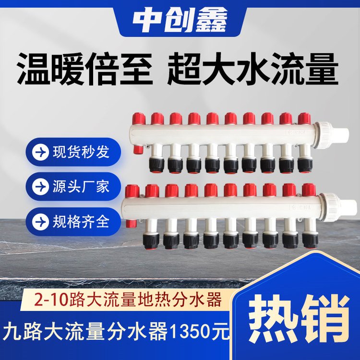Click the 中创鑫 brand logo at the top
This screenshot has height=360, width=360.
[180, 20]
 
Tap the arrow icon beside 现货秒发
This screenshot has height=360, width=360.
[40, 152]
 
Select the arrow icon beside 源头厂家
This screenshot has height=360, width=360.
[40, 187]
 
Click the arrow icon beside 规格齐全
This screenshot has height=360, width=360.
[40, 222]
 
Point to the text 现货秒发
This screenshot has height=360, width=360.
[81, 152]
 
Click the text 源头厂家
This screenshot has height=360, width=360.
[81, 186]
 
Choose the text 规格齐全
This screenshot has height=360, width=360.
[81, 222]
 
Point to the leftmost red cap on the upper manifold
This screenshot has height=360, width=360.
[139, 119]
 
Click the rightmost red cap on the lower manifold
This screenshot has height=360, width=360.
[309, 190]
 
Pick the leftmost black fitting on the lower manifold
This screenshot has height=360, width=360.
[151, 241]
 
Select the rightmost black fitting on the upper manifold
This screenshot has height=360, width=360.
[305, 165]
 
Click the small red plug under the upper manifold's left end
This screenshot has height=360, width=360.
[138, 149]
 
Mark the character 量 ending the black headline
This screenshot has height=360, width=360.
[322, 69]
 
